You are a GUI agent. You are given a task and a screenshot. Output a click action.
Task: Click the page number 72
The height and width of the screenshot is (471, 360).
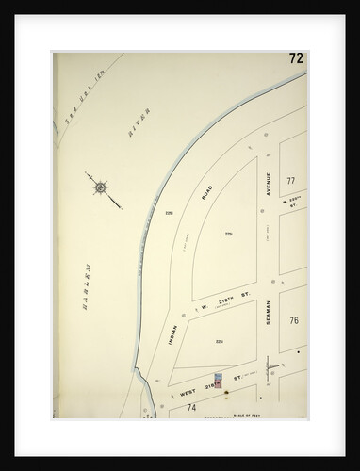(295, 59)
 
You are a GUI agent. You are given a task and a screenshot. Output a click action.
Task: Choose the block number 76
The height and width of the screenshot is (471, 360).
(293, 321)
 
